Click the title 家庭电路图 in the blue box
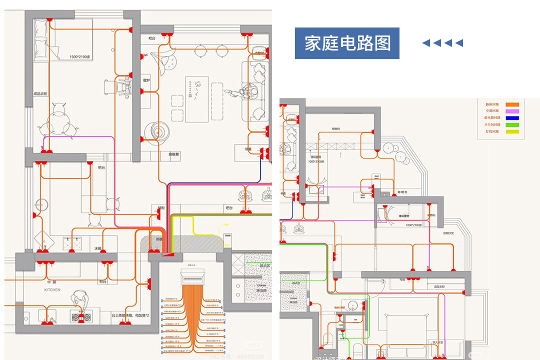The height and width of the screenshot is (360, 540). (x=347, y=43)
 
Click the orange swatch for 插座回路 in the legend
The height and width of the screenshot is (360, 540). (x=512, y=104)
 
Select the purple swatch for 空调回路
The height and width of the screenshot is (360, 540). (x=512, y=111)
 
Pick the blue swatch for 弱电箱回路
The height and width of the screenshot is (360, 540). (x=512, y=118)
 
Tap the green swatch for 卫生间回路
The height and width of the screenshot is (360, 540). (x=512, y=125)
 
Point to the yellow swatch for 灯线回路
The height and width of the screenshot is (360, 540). (x=512, y=131)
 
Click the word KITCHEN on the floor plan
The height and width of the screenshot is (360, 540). (x=52, y=289)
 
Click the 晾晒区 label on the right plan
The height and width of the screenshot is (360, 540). (x=403, y=192)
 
